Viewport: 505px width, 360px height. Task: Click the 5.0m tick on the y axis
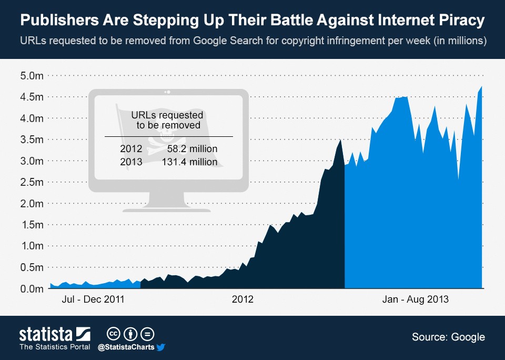[32, 76]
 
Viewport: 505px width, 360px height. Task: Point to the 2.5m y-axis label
[32, 182]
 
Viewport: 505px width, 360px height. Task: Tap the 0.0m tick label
[32, 289]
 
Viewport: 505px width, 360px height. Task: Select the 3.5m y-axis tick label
[32, 139]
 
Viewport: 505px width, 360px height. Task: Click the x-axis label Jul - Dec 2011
[93, 299]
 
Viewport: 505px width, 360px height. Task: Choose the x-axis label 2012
[243, 299]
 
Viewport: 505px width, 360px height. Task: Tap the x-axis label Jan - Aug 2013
[415, 299]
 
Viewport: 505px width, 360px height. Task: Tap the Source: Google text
[448, 337]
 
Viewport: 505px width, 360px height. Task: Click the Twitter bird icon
[161, 347]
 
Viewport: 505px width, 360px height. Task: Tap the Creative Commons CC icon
[113, 334]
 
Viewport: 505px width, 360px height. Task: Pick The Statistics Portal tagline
[55, 347]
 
